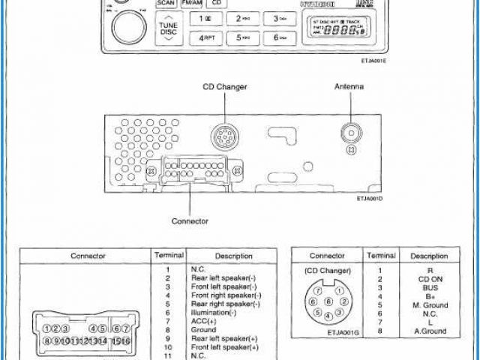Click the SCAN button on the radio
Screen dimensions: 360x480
pyautogui.click(x=166, y=3)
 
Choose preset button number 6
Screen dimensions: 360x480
pyautogui.click(x=280, y=37)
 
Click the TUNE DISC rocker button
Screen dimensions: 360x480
pyautogui.click(x=168, y=29)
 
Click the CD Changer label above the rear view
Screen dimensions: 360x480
pyautogui.click(x=224, y=87)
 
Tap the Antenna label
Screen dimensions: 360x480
pyautogui.click(x=349, y=87)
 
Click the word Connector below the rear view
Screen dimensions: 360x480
pyautogui.click(x=190, y=221)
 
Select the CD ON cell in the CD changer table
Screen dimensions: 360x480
pyautogui.click(x=430, y=279)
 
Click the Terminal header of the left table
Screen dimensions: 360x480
pyautogui.click(x=168, y=255)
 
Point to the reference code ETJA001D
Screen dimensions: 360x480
pyautogui.click(x=370, y=199)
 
